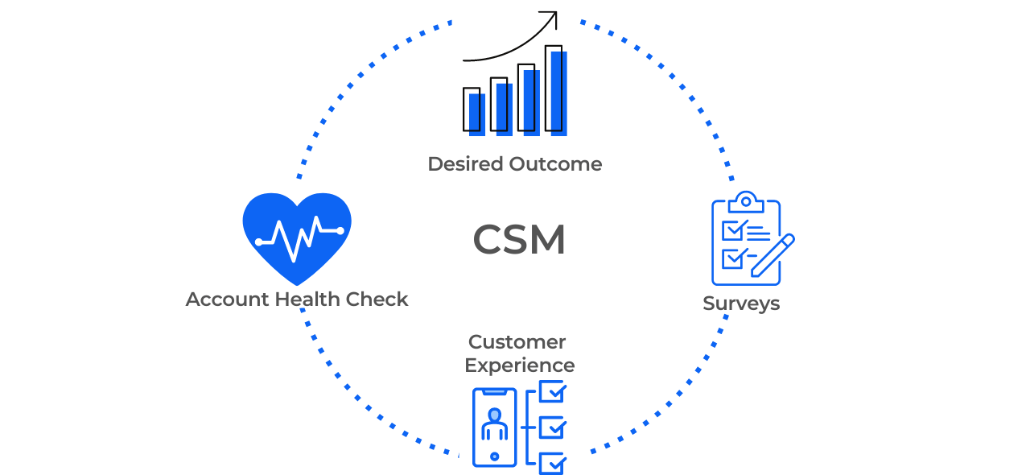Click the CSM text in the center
519,240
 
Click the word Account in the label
227,299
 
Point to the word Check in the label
377,299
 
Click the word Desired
464,164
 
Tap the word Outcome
555,164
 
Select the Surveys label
741,304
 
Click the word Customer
517,342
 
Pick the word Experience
520,366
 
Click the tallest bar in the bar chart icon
556,90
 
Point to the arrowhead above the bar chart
550,19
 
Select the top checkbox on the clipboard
733,230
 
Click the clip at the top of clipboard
746,199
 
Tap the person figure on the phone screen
494,423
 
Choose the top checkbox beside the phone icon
552,392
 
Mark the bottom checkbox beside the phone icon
552,463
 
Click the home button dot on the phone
494,456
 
